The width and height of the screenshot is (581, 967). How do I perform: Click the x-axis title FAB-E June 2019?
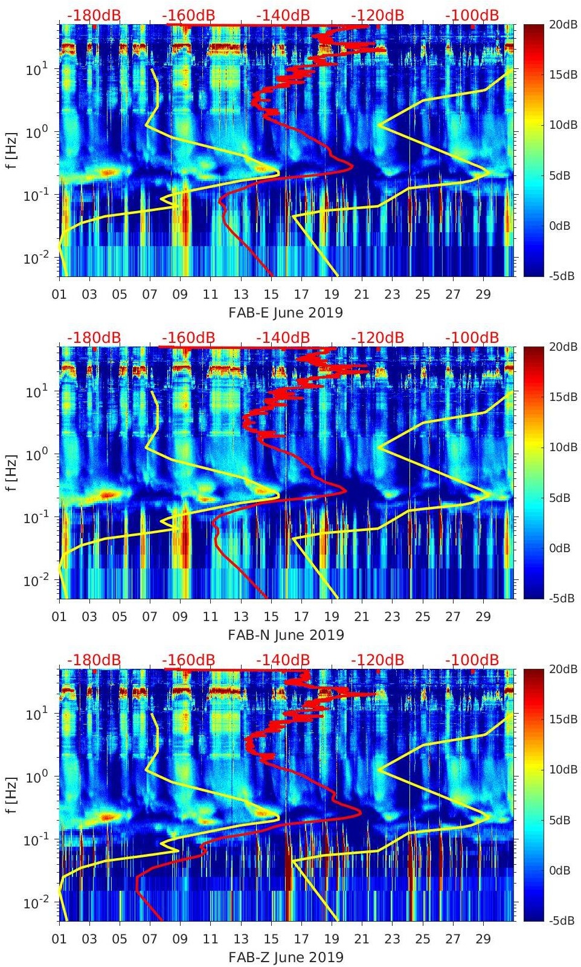(286, 313)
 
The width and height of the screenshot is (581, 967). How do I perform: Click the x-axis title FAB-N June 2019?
(286, 635)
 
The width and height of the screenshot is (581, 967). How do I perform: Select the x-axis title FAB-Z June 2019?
(286, 957)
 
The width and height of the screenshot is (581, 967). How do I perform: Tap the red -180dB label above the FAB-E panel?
(94, 15)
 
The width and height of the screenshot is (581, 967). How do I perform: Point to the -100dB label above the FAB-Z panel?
(472, 660)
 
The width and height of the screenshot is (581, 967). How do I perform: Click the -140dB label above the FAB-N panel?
(283, 337)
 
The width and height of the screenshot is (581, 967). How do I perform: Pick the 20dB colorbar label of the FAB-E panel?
(562, 24)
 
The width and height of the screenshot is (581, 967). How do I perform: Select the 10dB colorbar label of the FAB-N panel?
(562, 447)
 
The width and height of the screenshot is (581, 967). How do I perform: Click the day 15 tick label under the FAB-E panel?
(271, 295)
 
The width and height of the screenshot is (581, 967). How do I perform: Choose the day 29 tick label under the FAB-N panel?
(483, 617)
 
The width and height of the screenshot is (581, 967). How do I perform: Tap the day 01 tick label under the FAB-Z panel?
(59, 939)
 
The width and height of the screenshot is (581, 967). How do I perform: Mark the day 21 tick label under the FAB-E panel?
(362, 295)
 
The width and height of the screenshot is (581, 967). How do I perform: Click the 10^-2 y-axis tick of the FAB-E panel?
(35, 258)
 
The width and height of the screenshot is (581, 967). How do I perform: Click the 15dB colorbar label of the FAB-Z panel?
(562, 719)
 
